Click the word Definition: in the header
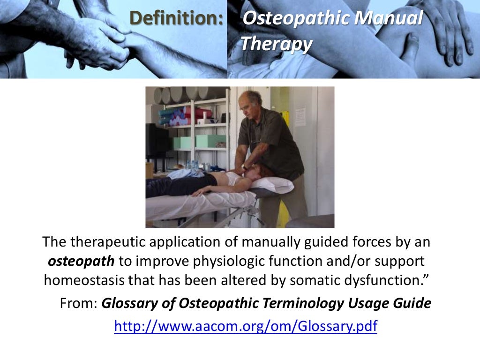click(x=176, y=18)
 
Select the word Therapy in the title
click(x=276, y=44)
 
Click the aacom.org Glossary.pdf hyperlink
click(x=245, y=326)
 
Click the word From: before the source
click(x=78, y=303)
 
